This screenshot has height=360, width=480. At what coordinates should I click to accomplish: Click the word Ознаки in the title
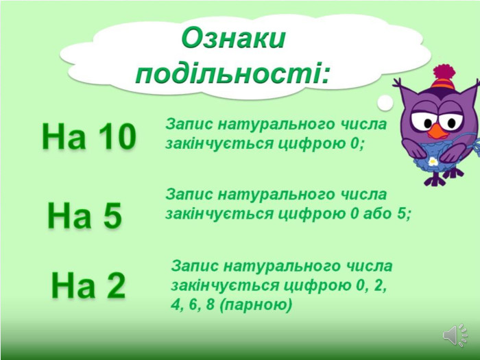[233, 38]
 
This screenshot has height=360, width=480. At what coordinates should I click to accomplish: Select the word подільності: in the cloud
[233, 73]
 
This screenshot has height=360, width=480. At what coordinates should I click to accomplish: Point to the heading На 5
[85, 215]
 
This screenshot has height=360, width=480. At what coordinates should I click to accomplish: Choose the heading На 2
[88, 285]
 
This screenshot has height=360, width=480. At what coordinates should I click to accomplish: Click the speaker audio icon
[455, 335]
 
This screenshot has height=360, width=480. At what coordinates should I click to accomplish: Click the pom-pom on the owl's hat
[444, 72]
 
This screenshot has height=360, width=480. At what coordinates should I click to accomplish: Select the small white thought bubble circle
[385, 103]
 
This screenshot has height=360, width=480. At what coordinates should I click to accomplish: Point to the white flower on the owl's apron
[433, 161]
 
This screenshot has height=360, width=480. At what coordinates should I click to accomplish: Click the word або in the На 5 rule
[377, 214]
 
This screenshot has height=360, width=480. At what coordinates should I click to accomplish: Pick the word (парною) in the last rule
[256, 305]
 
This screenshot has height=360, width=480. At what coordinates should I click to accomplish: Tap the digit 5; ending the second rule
[404, 214]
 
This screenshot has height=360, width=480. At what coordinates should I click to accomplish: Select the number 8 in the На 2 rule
[211, 304]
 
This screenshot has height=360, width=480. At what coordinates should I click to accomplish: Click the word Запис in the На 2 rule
[195, 266]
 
